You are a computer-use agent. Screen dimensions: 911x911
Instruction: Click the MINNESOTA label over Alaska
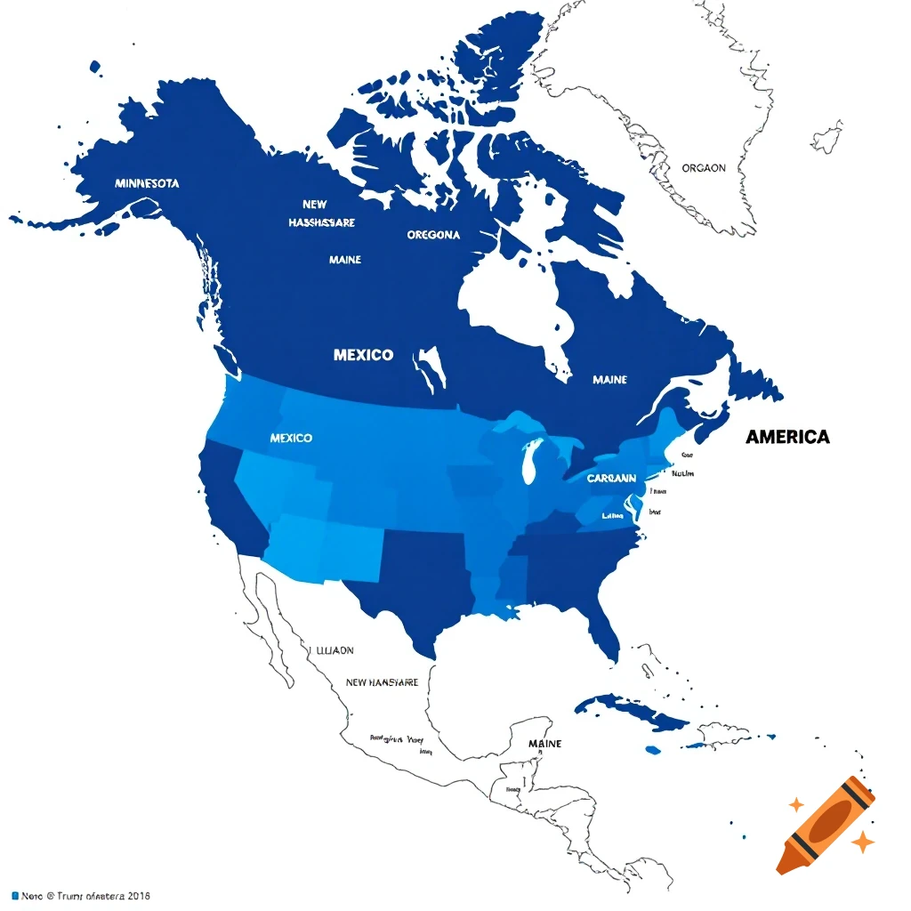147,183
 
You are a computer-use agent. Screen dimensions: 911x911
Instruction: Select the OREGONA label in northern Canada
433,235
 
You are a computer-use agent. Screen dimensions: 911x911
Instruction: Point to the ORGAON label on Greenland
703,167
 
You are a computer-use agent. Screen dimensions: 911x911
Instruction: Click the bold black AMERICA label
787,437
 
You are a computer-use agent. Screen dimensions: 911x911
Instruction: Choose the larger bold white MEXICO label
363,354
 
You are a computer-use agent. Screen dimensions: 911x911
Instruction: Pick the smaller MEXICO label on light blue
291,439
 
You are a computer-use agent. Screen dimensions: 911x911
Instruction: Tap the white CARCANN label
611,478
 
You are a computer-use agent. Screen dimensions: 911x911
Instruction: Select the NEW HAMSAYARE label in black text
382,682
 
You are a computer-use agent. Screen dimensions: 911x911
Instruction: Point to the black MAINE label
544,743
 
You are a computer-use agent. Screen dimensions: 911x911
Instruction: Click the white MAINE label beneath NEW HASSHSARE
344,260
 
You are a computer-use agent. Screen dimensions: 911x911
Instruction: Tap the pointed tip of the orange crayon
782,867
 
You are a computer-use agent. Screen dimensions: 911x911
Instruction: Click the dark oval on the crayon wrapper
826,823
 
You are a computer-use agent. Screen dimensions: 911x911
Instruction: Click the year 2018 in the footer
138,896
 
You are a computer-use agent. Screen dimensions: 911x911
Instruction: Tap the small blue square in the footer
14,895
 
